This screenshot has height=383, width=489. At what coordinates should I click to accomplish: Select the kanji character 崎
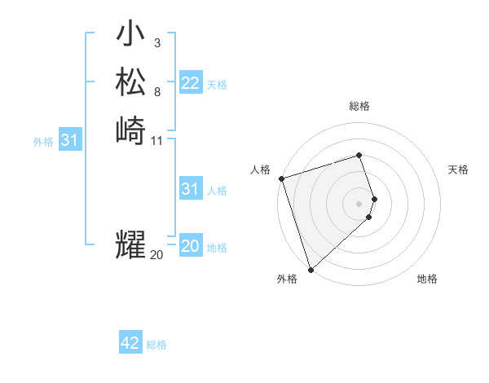click(130, 130)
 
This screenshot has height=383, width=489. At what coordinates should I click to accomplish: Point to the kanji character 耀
click(130, 244)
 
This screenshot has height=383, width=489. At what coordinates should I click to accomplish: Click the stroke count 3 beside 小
click(156, 43)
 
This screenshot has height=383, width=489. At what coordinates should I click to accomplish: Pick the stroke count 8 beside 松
click(156, 91)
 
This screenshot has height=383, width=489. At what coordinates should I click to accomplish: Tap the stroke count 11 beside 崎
click(157, 140)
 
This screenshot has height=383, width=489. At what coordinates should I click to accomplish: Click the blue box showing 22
click(191, 83)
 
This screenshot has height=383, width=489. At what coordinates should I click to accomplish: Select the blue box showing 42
click(130, 343)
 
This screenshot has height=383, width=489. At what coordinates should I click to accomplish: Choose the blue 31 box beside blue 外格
click(70, 141)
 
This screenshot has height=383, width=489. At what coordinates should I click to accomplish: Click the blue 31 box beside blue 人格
click(191, 189)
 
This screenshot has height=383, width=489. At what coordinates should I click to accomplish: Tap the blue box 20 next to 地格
click(191, 247)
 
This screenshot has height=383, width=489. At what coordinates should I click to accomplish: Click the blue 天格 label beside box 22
click(217, 85)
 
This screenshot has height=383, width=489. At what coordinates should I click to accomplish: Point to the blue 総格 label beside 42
click(156, 345)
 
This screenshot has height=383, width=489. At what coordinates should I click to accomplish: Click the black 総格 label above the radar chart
click(359, 106)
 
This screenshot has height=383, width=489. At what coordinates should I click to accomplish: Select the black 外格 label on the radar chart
click(287, 279)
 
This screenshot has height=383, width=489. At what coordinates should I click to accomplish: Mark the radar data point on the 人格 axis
click(281, 178)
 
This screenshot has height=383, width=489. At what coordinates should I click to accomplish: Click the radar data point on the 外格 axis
click(311, 269)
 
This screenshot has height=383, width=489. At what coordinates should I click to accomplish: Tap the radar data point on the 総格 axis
click(359, 155)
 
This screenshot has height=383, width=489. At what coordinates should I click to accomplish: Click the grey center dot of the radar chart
click(359, 203)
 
